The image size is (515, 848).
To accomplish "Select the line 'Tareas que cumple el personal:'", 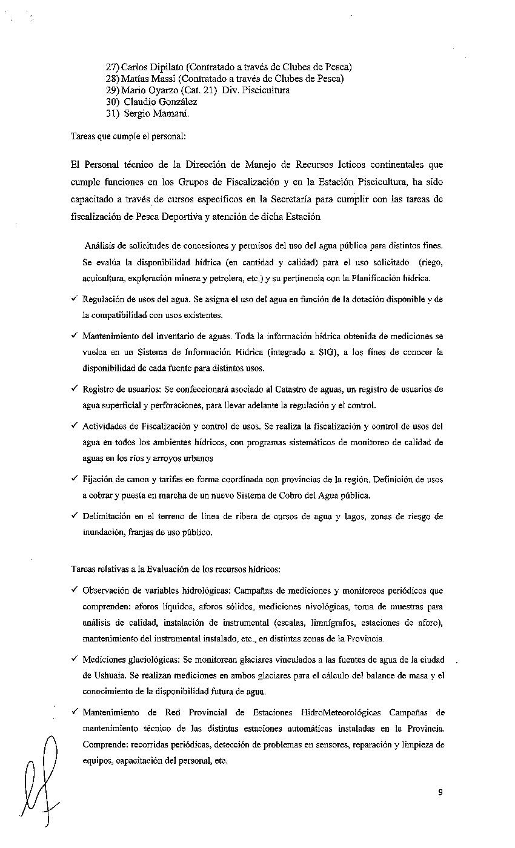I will coord(128,137).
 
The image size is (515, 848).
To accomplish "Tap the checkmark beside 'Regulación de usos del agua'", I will coord(74,299).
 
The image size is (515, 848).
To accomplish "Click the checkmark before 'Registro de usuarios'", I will coord(74,389).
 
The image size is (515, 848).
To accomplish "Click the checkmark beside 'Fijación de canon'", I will coord(74,479).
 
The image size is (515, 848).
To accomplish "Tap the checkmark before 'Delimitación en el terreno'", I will coord(74,516).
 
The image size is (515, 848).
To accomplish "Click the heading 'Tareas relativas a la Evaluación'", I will coord(176,569).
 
